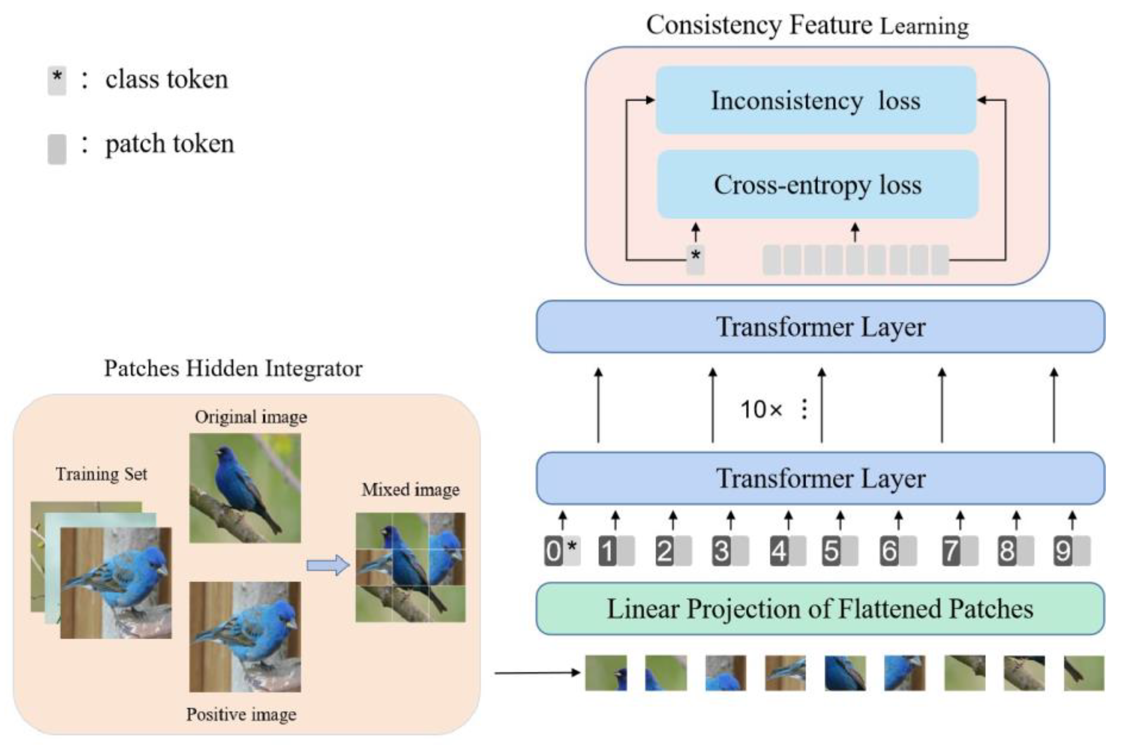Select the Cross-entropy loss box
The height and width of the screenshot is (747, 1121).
[817, 184]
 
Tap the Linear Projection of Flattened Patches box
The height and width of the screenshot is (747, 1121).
[820, 608]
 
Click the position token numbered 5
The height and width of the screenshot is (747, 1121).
[840, 551]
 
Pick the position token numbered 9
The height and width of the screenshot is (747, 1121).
[1071, 551]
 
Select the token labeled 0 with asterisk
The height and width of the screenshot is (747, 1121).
[562, 551]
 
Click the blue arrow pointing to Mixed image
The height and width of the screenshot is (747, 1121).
[328, 565]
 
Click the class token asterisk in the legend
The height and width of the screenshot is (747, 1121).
[57, 80]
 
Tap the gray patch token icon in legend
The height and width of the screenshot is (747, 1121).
[57, 149]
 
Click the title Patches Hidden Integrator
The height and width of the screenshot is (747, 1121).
[233, 368]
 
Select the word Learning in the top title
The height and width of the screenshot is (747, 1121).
[924, 26]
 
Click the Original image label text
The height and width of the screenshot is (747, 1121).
[251, 417]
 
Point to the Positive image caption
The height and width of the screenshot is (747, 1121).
[241, 714]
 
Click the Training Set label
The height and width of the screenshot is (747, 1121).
[101, 474]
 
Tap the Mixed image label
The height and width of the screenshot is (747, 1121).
[410, 489]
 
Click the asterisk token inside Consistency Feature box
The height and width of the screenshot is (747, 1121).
[695, 260]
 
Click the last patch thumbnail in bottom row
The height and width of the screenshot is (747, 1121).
[1084, 672]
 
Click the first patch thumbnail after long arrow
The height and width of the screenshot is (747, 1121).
[606, 672]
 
